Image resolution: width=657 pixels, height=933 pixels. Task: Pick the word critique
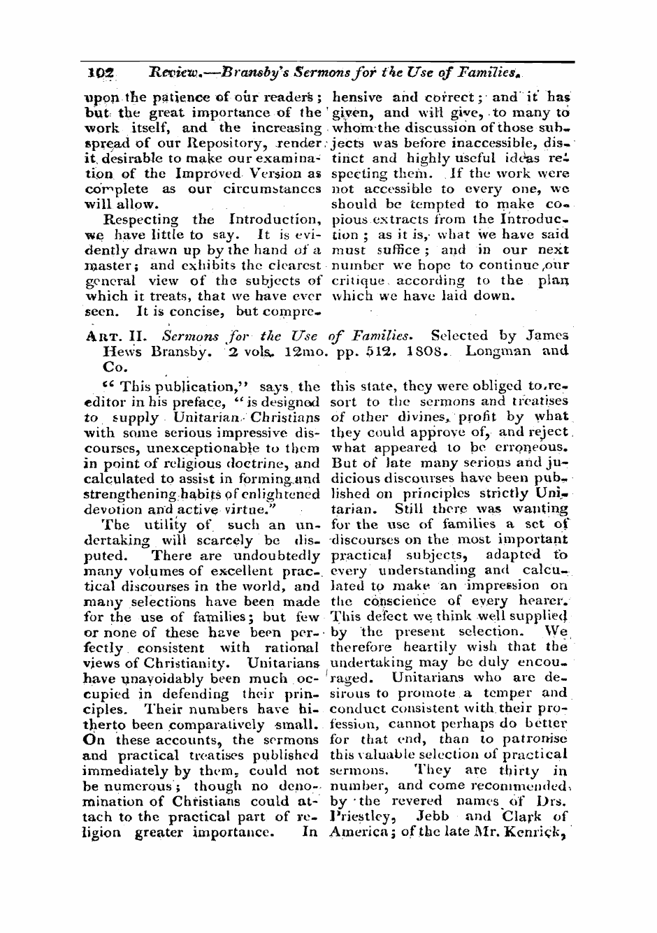tap(356, 280)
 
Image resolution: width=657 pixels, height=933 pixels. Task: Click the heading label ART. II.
tap(113, 335)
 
